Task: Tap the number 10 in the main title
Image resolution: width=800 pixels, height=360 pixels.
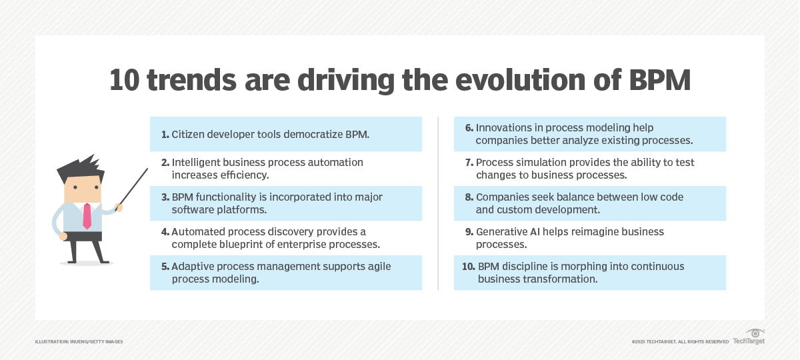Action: pos(124,80)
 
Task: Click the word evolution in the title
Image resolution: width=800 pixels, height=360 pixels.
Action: pos(520,80)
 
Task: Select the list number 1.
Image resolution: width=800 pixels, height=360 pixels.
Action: pos(165,135)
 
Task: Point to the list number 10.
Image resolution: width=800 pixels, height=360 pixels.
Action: pos(469,267)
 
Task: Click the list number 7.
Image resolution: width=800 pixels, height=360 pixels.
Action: pos(469,163)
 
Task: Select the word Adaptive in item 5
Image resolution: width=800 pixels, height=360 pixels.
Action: pos(193,267)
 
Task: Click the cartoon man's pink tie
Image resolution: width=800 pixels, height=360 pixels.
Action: pos(87,216)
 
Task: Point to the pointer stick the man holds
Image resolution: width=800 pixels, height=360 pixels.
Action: pos(131,189)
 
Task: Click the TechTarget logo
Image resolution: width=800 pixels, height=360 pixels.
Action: pos(749,337)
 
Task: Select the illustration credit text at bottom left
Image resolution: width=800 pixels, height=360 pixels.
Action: pos(79,342)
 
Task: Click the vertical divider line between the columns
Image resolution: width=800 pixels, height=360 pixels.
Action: pos(438,203)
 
